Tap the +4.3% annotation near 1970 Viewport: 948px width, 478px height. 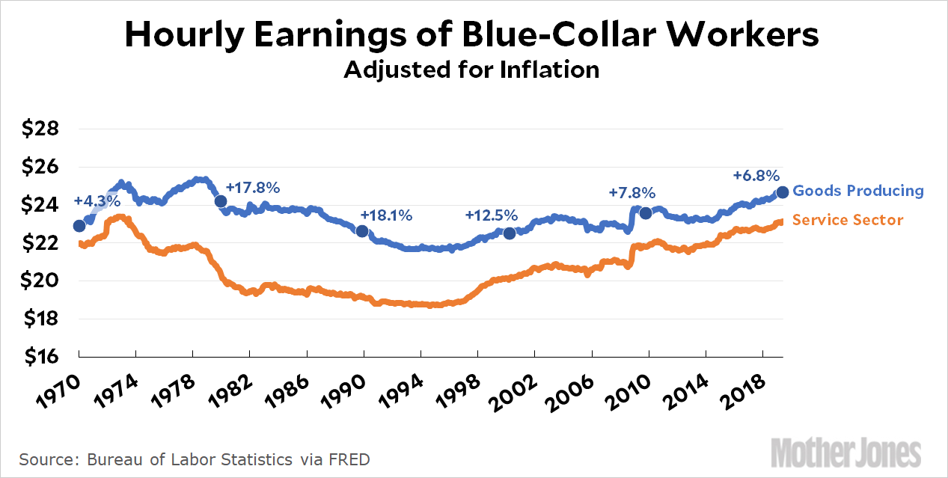[97, 201]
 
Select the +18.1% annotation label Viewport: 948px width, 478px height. [386, 215]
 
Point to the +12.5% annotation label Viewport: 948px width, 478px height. [491, 215]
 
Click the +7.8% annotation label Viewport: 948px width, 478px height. [632, 192]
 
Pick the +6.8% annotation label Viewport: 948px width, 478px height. [756, 176]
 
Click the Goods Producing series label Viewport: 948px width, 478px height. [858, 191]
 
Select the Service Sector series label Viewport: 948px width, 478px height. [848, 220]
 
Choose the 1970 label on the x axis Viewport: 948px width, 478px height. [58, 390]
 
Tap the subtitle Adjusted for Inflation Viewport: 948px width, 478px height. [471, 70]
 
